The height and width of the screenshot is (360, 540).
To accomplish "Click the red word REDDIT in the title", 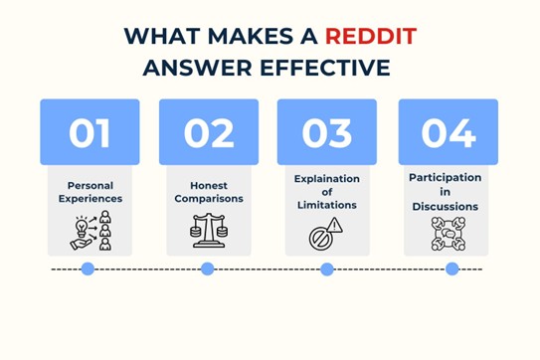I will pos(369,38).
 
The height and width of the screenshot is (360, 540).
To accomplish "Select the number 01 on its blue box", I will pos(90,132).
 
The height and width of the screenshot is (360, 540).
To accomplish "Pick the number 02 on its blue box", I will pos(208,132).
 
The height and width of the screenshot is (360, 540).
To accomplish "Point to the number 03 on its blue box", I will pos(327,132).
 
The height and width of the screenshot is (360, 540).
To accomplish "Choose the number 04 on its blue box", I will pos(449,132).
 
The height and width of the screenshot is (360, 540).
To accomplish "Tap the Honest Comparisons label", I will pos(209,192).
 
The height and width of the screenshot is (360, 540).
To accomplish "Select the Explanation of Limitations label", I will pos(327,192).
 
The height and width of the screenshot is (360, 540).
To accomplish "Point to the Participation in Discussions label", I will pos(447,192).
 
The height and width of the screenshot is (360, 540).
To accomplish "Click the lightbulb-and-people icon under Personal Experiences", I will pos(90,232).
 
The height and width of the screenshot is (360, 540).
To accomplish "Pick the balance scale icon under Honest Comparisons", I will pos(209,232).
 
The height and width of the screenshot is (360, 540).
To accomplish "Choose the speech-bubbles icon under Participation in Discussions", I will pos(448,232).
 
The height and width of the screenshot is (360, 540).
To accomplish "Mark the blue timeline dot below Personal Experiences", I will pos(88,269).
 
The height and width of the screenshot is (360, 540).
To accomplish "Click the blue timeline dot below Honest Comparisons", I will pos(207,269).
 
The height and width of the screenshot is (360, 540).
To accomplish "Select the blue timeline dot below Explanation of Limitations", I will pos(326,269).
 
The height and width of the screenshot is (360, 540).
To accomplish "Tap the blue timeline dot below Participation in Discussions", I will pos(452,269).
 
